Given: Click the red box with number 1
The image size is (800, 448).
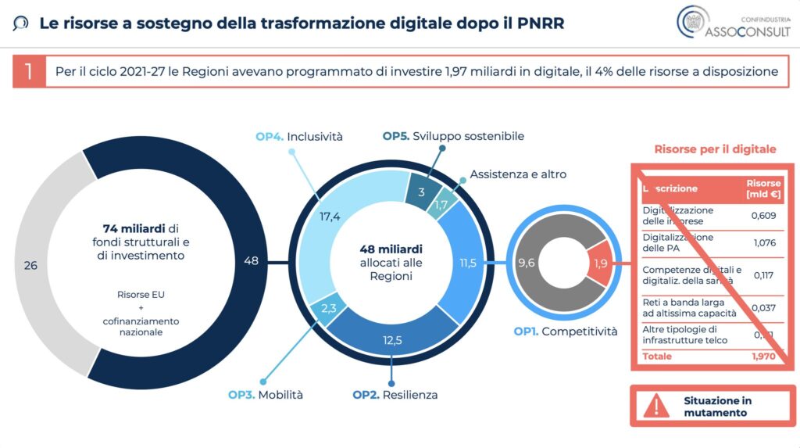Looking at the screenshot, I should (29, 72).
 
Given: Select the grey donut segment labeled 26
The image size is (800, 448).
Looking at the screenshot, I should (31, 265).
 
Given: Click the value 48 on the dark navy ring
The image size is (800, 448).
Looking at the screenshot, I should (251, 260).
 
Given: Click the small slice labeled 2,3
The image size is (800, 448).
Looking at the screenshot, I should (329, 308).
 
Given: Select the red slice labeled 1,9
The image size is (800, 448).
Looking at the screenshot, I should (600, 263).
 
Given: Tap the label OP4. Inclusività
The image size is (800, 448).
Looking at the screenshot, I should (299, 137).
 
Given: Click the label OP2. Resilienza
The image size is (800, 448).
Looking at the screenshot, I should (395, 395).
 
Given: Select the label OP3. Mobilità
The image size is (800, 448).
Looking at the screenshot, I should (266, 395).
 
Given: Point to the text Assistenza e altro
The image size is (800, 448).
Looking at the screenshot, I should (518, 174).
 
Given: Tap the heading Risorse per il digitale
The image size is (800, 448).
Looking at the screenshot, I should (715, 149).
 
